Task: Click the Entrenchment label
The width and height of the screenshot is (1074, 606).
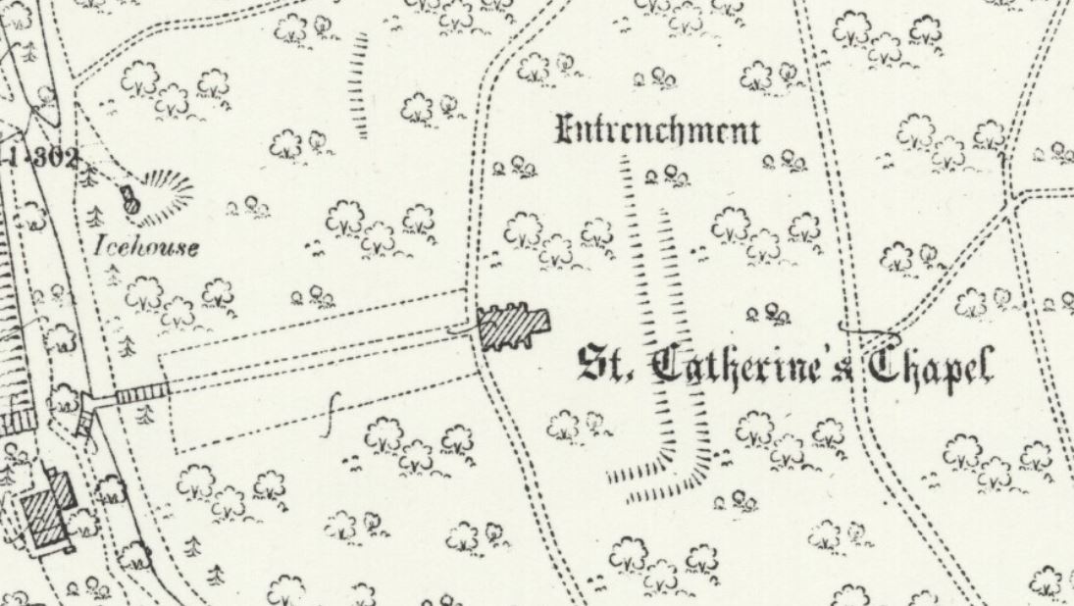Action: click(x=657, y=130)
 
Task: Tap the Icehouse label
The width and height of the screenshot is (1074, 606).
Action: click(x=146, y=245)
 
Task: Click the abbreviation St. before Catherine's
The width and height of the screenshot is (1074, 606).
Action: click(x=604, y=365)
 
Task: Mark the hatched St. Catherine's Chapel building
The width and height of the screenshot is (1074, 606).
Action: click(x=513, y=327)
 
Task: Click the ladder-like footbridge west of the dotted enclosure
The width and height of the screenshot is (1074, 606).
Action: click(x=142, y=395)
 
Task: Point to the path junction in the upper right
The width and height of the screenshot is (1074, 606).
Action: click(x=1009, y=201)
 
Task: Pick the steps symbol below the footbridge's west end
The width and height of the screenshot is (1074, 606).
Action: click(x=86, y=423)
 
